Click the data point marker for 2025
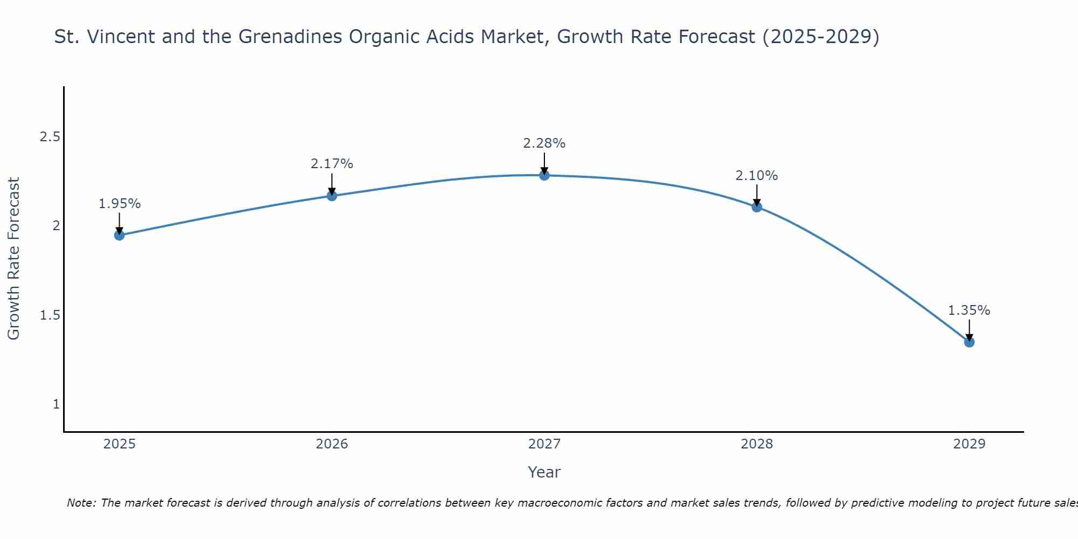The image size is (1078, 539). [x=120, y=235]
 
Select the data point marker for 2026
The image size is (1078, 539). [x=332, y=196]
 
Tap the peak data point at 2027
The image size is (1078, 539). [x=544, y=175]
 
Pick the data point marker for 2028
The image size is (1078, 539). [x=757, y=207]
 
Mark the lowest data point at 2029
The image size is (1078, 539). [x=969, y=342]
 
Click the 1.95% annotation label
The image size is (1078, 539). [x=120, y=204]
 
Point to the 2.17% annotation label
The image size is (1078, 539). [x=332, y=164]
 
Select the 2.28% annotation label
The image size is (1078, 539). [x=544, y=143]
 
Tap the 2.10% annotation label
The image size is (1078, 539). [x=757, y=176]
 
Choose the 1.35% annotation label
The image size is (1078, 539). [x=969, y=310]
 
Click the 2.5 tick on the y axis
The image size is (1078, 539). [x=50, y=137]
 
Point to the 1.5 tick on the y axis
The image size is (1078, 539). [x=50, y=315]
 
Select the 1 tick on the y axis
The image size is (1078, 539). [x=56, y=404]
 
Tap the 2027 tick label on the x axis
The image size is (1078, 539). [x=544, y=444]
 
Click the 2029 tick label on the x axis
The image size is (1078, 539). [x=969, y=444]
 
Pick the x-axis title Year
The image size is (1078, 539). [x=544, y=472]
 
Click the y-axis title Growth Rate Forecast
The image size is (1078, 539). [x=14, y=259]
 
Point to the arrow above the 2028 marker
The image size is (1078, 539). [x=757, y=195]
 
